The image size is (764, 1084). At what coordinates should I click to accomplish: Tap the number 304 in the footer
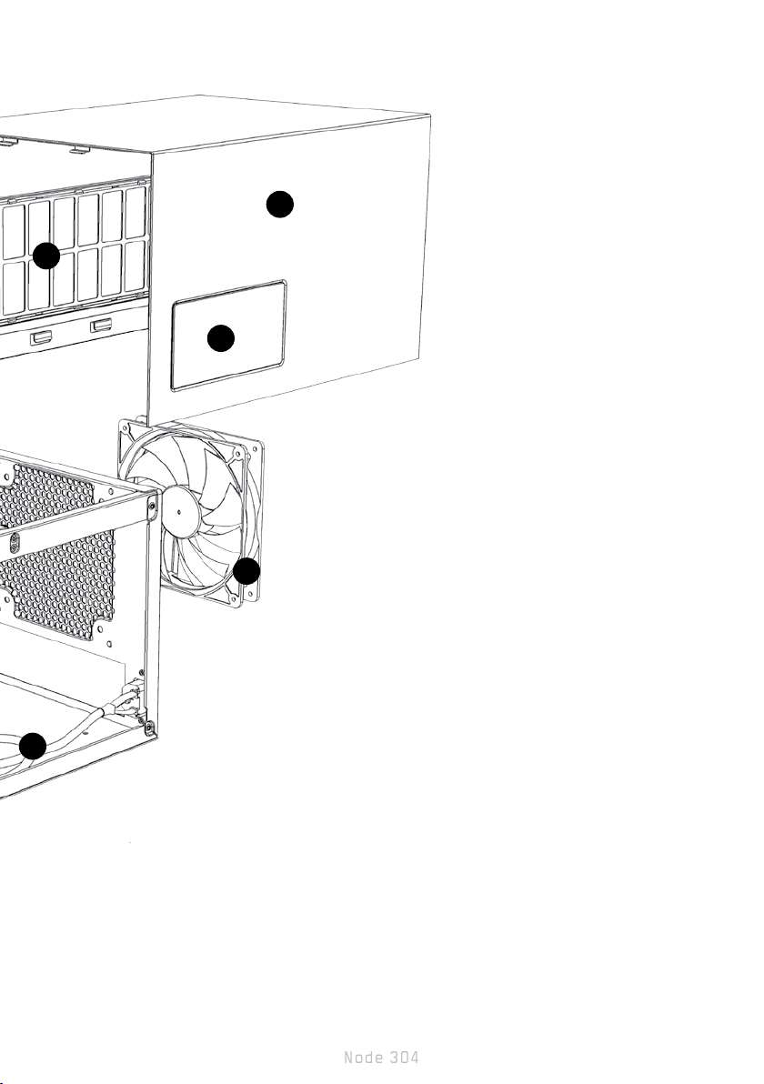pos(404,1058)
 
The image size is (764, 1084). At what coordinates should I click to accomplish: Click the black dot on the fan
pos(246,571)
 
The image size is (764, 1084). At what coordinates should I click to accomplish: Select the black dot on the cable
pos(33,747)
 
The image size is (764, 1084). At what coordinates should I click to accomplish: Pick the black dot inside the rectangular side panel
pos(220,337)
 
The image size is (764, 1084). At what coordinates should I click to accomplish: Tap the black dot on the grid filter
pos(46,256)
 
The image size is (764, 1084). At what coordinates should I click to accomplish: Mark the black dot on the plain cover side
pos(280,204)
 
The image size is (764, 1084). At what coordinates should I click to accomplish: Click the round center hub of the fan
pos(181,510)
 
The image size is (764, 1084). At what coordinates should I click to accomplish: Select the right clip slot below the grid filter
pos(101,326)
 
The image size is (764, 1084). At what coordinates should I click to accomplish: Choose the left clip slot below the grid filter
pos(41,337)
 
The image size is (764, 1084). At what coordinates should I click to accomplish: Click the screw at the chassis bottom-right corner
pos(148,725)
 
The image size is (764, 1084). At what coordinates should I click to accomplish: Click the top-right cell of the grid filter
pos(135,212)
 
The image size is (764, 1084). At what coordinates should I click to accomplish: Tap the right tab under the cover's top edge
pos(77,149)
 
